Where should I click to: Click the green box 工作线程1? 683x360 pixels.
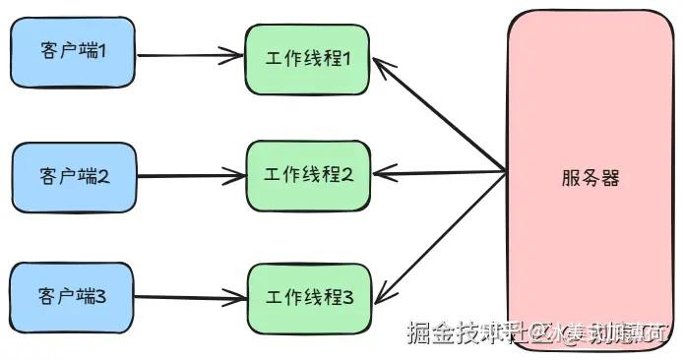(308, 58)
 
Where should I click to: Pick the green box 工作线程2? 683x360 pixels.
(308, 175)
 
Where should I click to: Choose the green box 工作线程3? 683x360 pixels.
(308, 294)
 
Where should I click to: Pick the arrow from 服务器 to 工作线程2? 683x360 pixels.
(443, 175)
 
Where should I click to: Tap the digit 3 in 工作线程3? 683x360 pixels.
(347, 294)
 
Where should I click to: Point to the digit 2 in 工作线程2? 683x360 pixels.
(347, 175)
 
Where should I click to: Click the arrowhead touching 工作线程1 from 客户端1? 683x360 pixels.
(236, 56)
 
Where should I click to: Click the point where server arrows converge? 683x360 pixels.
(506, 172)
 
